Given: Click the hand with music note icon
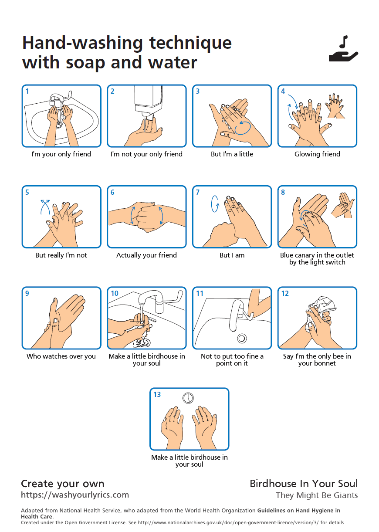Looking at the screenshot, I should point(343,50).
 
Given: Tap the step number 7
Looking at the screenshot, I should point(198,192).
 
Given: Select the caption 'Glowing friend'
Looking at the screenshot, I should point(317,154).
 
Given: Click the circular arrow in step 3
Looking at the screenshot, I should point(243,127).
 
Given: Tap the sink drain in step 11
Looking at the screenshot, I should point(242,338).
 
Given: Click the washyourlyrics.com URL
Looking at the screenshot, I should point(75,495).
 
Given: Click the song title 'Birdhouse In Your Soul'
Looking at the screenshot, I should point(304,484).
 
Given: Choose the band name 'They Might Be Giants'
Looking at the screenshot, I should point(317,495).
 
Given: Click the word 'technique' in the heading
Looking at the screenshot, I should point(190,43).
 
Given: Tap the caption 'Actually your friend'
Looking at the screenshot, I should point(146,255).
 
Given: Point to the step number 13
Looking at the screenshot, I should point(157,394).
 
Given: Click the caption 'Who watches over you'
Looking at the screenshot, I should point(61,356).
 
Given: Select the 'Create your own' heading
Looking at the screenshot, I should point(63,484).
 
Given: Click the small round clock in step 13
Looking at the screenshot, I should point(188,397).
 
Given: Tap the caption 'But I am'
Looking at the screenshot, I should point(232,255).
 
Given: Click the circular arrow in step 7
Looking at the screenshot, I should point(214,204).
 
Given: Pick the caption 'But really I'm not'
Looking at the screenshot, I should point(61,255).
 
